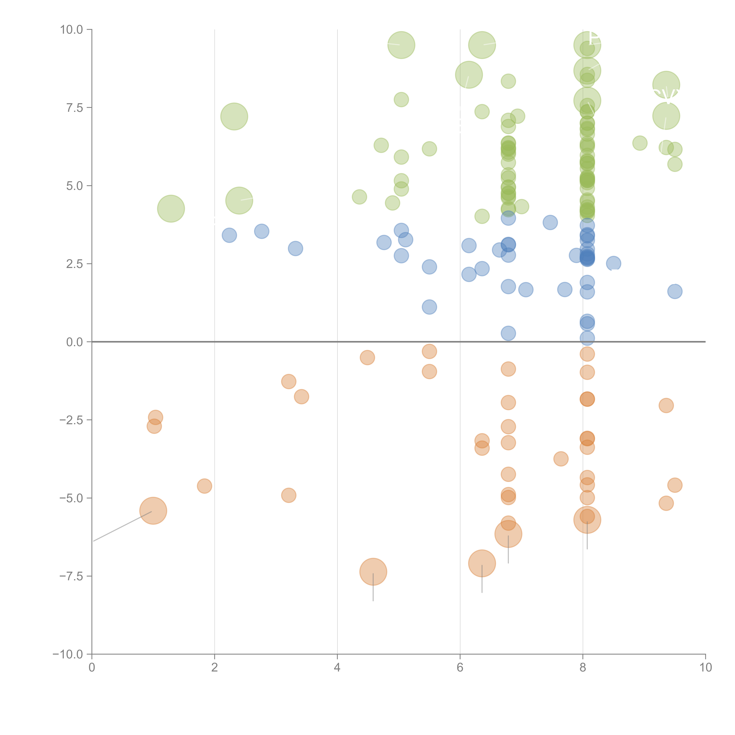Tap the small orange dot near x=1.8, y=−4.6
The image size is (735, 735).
click(x=204, y=486)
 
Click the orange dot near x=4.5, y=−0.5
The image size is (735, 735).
click(x=367, y=357)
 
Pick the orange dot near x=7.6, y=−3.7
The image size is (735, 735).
click(x=561, y=459)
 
